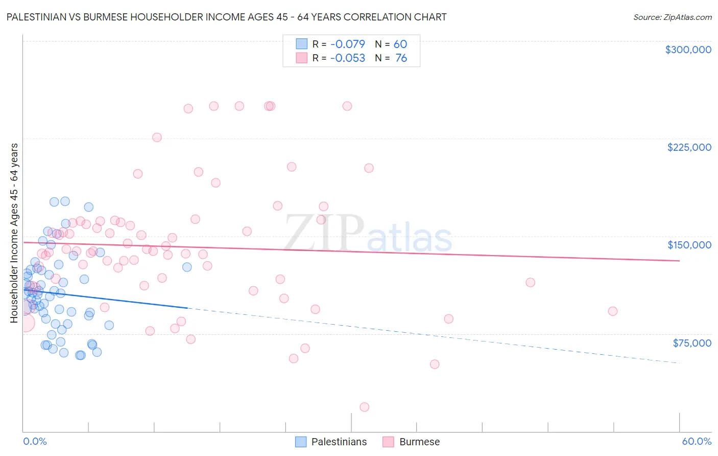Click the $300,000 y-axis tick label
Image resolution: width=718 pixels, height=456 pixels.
(x=688, y=50)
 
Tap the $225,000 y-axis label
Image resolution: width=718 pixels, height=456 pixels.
(x=689, y=147)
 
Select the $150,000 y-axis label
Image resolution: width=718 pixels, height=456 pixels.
(x=689, y=245)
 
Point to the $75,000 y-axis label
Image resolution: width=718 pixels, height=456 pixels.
(x=691, y=343)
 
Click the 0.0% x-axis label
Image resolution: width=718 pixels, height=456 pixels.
(x=35, y=442)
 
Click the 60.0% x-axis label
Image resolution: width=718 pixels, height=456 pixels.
(x=696, y=442)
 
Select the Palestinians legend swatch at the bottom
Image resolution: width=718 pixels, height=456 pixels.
(x=301, y=442)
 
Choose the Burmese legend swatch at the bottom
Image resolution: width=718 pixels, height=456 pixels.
(x=389, y=442)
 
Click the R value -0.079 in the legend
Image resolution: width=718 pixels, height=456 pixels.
(x=347, y=44)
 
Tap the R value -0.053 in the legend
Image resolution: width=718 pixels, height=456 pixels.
(x=347, y=58)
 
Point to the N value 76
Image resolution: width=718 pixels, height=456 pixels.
(x=401, y=58)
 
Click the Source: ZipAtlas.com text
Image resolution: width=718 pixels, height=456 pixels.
(x=672, y=17)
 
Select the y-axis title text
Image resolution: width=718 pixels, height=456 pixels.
(x=14, y=233)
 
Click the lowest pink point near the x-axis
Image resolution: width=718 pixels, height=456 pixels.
(x=364, y=407)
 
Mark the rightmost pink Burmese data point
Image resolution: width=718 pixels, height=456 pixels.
(x=613, y=311)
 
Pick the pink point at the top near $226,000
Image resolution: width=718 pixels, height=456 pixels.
(x=157, y=138)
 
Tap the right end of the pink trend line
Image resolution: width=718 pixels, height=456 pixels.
(x=679, y=261)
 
